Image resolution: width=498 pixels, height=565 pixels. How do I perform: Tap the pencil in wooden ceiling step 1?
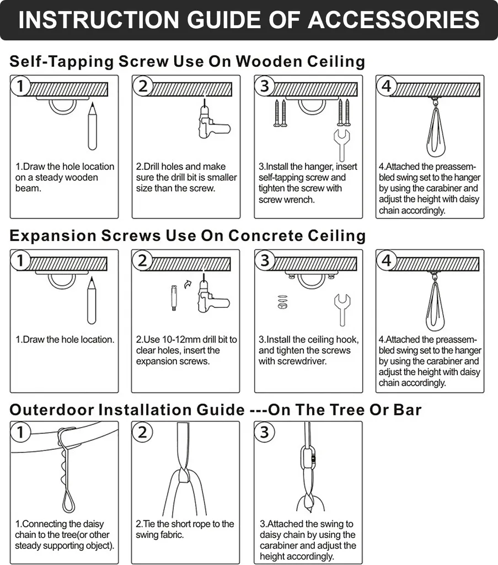click(x=92, y=126)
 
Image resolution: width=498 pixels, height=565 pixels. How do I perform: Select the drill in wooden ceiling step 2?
click(x=213, y=121)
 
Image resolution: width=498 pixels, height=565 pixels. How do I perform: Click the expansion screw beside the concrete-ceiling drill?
click(x=174, y=297)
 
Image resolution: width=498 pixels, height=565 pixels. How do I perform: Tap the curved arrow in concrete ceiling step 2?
click(x=188, y=285)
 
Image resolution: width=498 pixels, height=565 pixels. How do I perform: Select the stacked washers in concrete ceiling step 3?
click(x=283, y=302)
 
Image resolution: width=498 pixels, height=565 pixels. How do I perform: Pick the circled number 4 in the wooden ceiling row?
click(x=387, y=86)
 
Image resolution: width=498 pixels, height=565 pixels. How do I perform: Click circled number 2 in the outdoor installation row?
click(x=143, y=432)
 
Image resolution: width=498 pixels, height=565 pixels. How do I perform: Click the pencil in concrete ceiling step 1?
click(x=92, y=300)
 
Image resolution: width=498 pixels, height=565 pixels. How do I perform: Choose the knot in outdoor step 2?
click(x=184, y=476)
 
